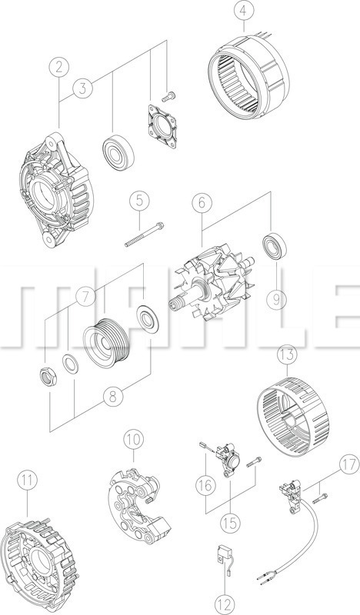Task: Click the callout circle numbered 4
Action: coord(243,12)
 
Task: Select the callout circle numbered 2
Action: coord(59,67)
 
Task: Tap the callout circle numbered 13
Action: coord(287,355)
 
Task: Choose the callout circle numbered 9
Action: coord(276,300)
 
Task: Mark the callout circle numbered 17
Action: coord(349,465)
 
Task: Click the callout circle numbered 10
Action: coord(134,440)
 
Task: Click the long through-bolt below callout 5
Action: coord(145,234)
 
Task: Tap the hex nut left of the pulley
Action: coord(48,377)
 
